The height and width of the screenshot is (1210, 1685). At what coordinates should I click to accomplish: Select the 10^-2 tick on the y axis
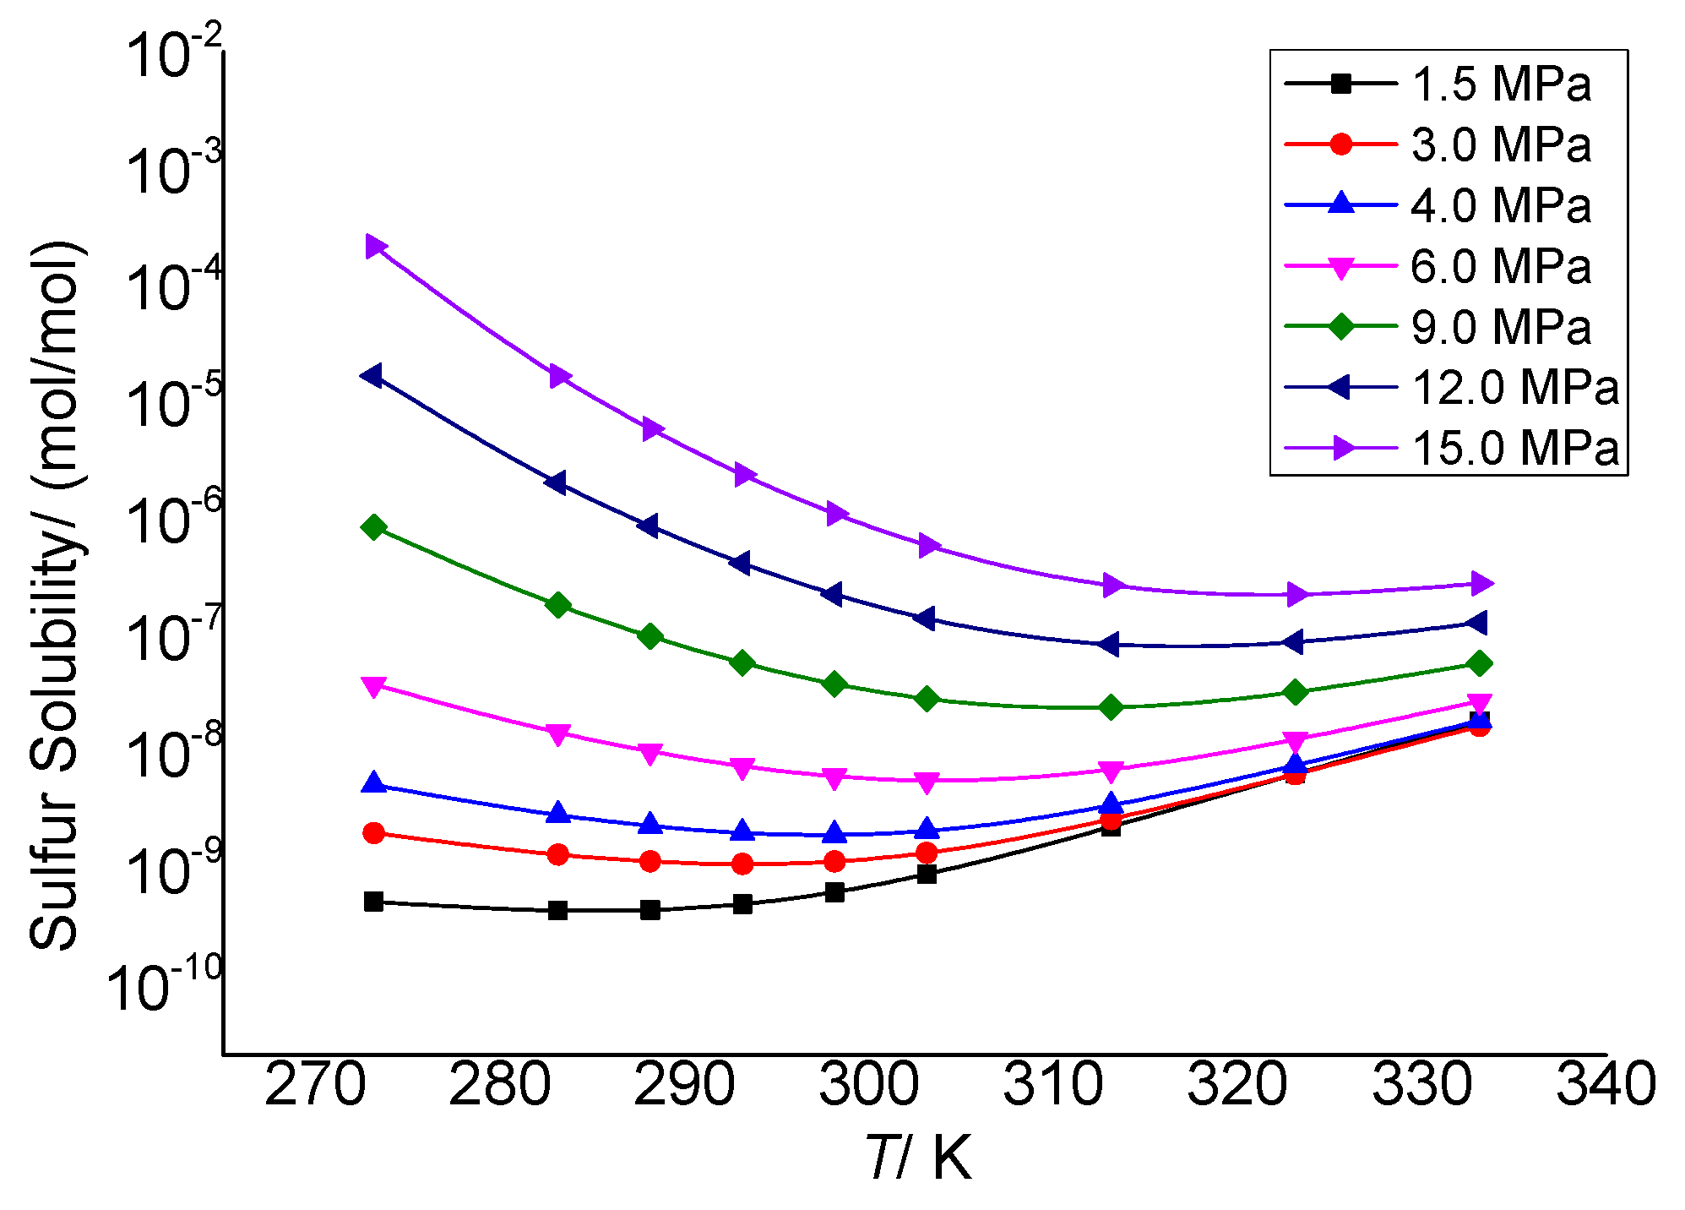click(173, 55)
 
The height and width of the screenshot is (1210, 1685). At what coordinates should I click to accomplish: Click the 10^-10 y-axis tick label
click(165, 987)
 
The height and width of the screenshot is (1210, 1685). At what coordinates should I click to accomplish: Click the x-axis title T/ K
click(919, 1158)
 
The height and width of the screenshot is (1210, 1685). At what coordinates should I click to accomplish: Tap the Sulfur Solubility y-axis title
click(57, 596)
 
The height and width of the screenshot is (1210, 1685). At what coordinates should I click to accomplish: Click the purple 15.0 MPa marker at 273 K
click(375, 247)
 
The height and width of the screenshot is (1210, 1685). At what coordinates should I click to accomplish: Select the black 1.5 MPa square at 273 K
click(374, 902)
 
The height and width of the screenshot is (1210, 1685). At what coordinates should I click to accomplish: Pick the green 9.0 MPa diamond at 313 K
click(1112, 707)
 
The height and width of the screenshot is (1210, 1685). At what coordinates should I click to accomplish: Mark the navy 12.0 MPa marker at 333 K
click(1477, 624)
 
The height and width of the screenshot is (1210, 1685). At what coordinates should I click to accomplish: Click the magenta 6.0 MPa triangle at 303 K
click(927, 782)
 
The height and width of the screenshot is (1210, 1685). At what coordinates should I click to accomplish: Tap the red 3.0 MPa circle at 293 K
click(742, 864)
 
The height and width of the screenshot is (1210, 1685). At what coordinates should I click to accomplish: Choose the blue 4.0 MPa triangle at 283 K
click(557, 813)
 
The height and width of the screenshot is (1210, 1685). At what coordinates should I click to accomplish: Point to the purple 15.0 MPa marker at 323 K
click(1296, 595)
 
